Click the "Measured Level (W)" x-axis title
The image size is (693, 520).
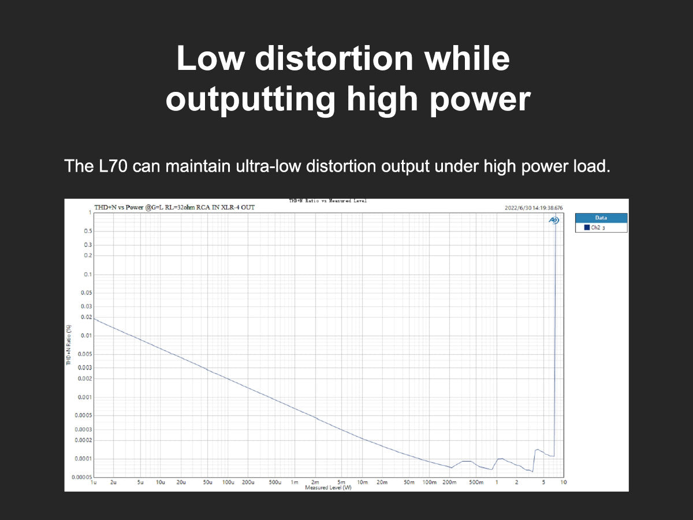(328, 488)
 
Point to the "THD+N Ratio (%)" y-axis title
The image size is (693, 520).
(69, 346)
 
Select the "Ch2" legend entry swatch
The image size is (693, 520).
(587, 228)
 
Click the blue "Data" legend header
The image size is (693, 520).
(601, 218)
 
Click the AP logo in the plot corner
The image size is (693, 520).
(553, 220)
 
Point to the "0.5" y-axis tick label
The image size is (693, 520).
(88, 231)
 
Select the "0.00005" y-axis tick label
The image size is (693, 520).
(82, 477)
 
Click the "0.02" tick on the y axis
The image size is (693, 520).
(87, 317)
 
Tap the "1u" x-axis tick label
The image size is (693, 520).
(94, 482)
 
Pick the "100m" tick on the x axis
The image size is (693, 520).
(429, 482)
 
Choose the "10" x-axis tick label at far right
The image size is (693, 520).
(564, 482)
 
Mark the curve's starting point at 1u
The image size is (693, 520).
(95, 319)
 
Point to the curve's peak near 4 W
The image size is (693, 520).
(537, 449)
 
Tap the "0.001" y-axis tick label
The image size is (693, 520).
(85, 398)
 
